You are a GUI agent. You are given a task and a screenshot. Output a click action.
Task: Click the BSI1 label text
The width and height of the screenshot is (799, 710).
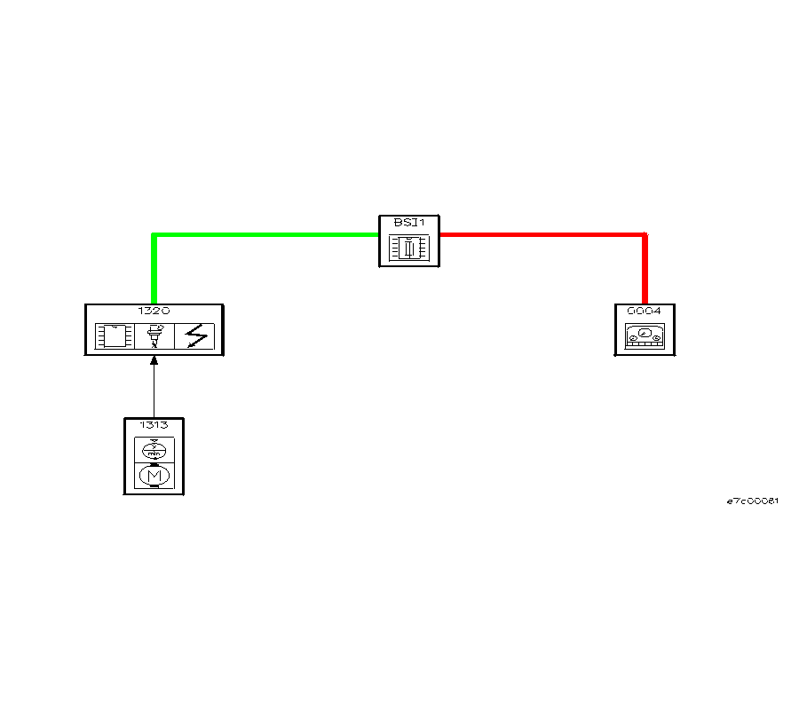pyautogui.click(x=409, y=223)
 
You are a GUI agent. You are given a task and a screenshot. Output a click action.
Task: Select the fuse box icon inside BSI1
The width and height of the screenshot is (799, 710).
pyautogui.click(x=409, y=248)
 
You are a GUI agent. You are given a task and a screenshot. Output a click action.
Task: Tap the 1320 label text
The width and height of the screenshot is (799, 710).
pyautogui.click(x=154, y=311)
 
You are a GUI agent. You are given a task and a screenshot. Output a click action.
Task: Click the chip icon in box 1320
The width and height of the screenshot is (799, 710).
pyautogui.click(x=115, y=336)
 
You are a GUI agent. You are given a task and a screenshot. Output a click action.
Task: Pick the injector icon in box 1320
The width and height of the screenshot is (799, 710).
pyautogui.click(x=154, y=336)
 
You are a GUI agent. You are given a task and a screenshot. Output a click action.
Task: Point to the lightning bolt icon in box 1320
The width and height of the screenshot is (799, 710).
pyautogui.click(x=196, y=336)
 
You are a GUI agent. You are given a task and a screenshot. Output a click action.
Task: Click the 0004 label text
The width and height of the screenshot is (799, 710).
pyautogui.click(x=645, y=311)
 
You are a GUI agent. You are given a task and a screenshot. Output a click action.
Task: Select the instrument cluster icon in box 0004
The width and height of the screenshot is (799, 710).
pyautogui.click(x=645, y=336)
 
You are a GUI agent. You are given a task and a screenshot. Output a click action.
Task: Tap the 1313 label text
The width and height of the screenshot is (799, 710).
pyautogui.click(x=154, y=425)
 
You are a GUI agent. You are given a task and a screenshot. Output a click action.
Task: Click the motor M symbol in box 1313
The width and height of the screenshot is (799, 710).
pyautogui.click(x=154, y=476)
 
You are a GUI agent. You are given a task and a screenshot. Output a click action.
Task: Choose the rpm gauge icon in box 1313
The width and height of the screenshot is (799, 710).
pyautogui.click(x=154, y=450)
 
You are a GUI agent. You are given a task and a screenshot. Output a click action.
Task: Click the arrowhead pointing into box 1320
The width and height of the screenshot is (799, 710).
pyautogui.click(x=154, y=360)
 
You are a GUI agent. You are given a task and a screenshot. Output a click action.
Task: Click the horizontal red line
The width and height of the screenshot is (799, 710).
pyautogui.click(x=543, y=235)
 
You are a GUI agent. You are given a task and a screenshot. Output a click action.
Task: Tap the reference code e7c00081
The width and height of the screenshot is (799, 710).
pyautogui.click(x=753, y=501)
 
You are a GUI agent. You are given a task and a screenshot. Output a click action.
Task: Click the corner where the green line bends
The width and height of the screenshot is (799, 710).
pyautogui.click(x=154, y=235)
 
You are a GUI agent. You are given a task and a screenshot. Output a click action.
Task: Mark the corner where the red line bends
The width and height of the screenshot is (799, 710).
pyautogui.click(x=645, y=235)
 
